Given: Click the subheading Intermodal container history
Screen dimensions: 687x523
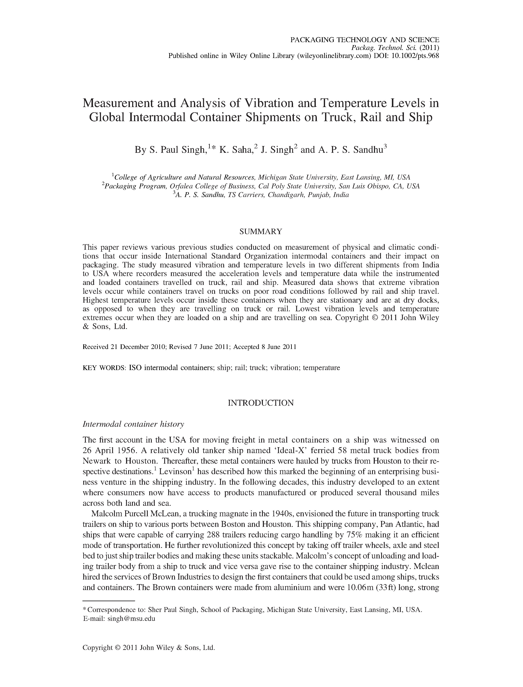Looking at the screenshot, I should pyautogui.click(x=133, y=424).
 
